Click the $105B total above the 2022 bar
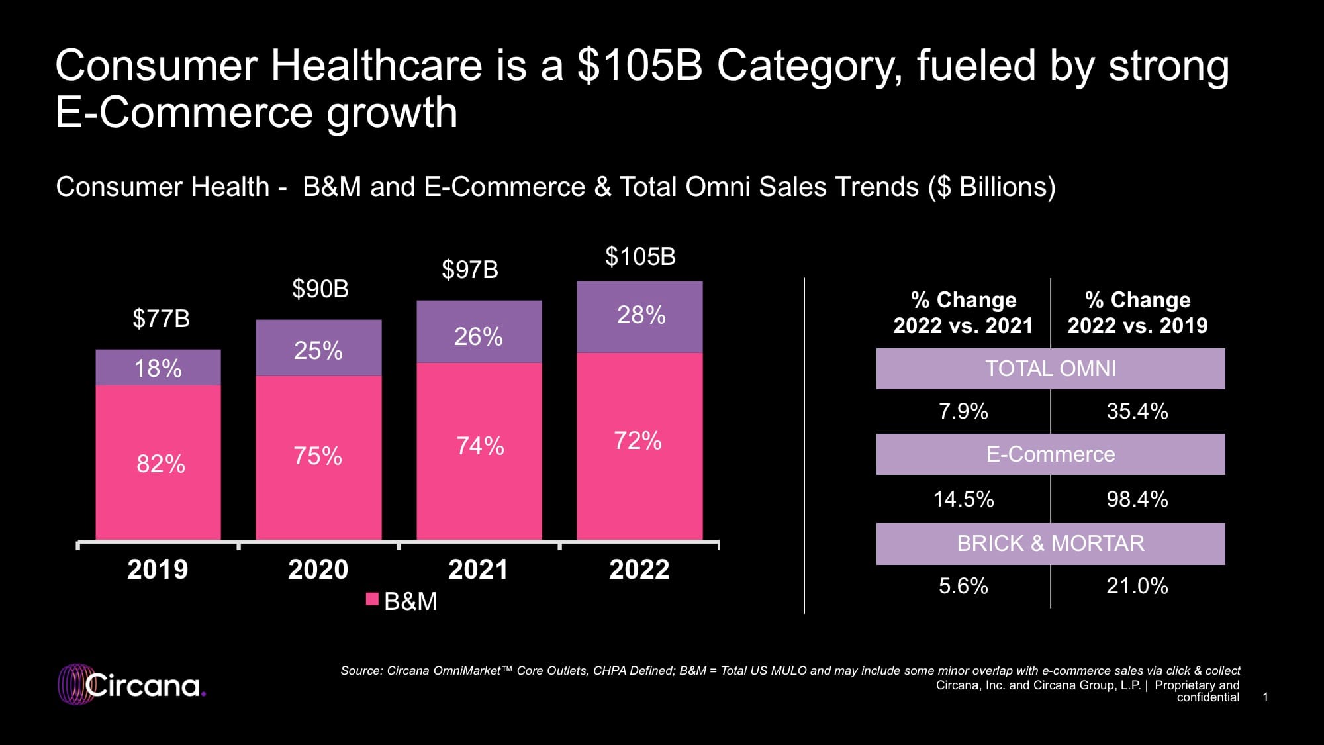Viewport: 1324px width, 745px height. click(x=640, y=257)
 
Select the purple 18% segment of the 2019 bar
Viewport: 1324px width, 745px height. click(x=158, y=368)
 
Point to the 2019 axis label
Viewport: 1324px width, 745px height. click(x=158, y=570)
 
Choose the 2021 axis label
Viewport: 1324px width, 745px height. click(x=478, y=570)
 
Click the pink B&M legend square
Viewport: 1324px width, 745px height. click(x=372, y=599)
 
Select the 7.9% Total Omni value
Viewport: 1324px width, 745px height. click(x=963, y=411)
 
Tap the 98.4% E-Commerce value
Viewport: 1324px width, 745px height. click(x=1137, y=499)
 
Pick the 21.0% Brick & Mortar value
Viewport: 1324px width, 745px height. click(x=1137, y=586)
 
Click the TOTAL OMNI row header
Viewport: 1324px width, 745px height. click(x=1050, y=368)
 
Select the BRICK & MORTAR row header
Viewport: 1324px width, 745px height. click(x=1050, y=544)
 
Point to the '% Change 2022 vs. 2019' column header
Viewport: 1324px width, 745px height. click(x=1137, y=313)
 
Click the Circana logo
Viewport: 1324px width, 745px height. click(x=132, y=684)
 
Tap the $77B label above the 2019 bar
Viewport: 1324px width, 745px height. click(x=161, y=319)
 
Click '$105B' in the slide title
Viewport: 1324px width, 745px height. click(x=639, y=66)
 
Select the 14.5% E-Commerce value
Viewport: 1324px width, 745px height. click(x=963, y=499)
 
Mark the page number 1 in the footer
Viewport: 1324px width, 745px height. click(x=1265, y=697)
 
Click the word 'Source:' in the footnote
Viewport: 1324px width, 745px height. click(x=361, y=671)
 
